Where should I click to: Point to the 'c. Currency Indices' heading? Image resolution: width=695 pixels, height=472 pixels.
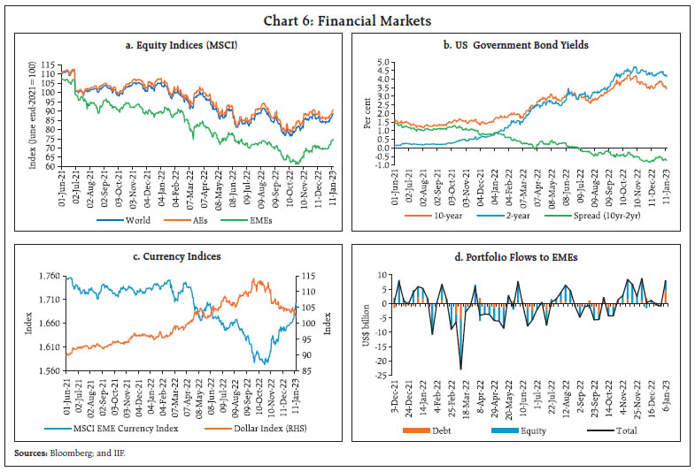click(x=180, y=257)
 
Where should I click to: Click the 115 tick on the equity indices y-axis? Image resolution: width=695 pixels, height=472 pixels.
click(x=42, y=64)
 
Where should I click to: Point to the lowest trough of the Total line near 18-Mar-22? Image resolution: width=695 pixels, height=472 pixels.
click(x=460, y=369)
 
